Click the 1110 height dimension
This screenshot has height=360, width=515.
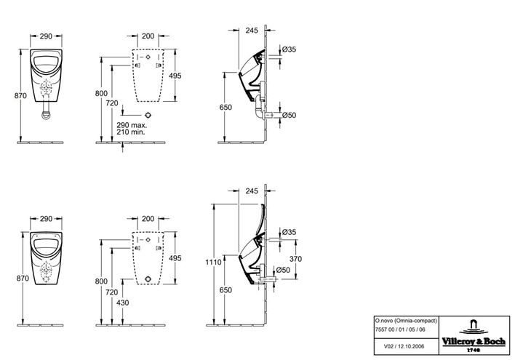[x=213, y=262]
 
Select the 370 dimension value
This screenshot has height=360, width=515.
[x=295, y=259]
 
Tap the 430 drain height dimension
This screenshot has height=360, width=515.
[x=122, y=303]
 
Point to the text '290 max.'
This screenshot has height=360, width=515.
[x=132, y=125]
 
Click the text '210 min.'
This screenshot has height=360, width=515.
[x=131, y=132]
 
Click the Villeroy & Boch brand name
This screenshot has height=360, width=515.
[x=474, y=342]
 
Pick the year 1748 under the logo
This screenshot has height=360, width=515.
[x=474, y=350]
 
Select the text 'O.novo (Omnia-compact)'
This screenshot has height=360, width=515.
[x=406, y=321]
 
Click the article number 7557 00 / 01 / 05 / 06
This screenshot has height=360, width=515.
[x=400, y=329]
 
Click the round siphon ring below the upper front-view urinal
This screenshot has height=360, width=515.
[x=47, y=115]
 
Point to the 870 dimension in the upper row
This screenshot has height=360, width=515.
[x=20, y=96]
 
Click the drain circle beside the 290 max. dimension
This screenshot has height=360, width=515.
[x=148, y=115]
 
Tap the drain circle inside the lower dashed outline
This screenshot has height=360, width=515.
[x=148, y=279]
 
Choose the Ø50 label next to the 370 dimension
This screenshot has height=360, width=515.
[x=283, y=270]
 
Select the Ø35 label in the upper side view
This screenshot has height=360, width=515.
[x=289, y=49]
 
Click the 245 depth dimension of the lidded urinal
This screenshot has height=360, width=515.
[x=252, y=191]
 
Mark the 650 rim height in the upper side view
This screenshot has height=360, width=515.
[x=225, y=108]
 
